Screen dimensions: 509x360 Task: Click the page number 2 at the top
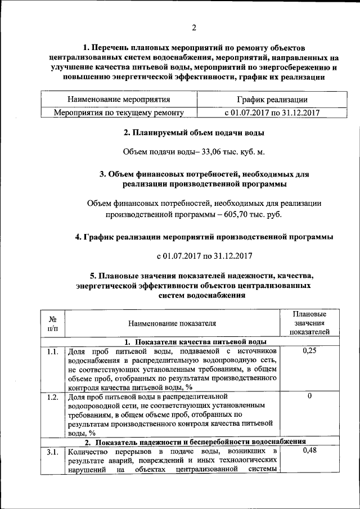[x=193, y=28]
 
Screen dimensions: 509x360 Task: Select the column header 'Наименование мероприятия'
[x=119, y=100]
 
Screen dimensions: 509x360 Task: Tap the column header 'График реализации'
[x=272, y=100]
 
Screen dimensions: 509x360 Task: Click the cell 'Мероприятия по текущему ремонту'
[x=119, y=112]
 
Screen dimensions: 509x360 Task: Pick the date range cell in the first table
[x=272, y=112]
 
